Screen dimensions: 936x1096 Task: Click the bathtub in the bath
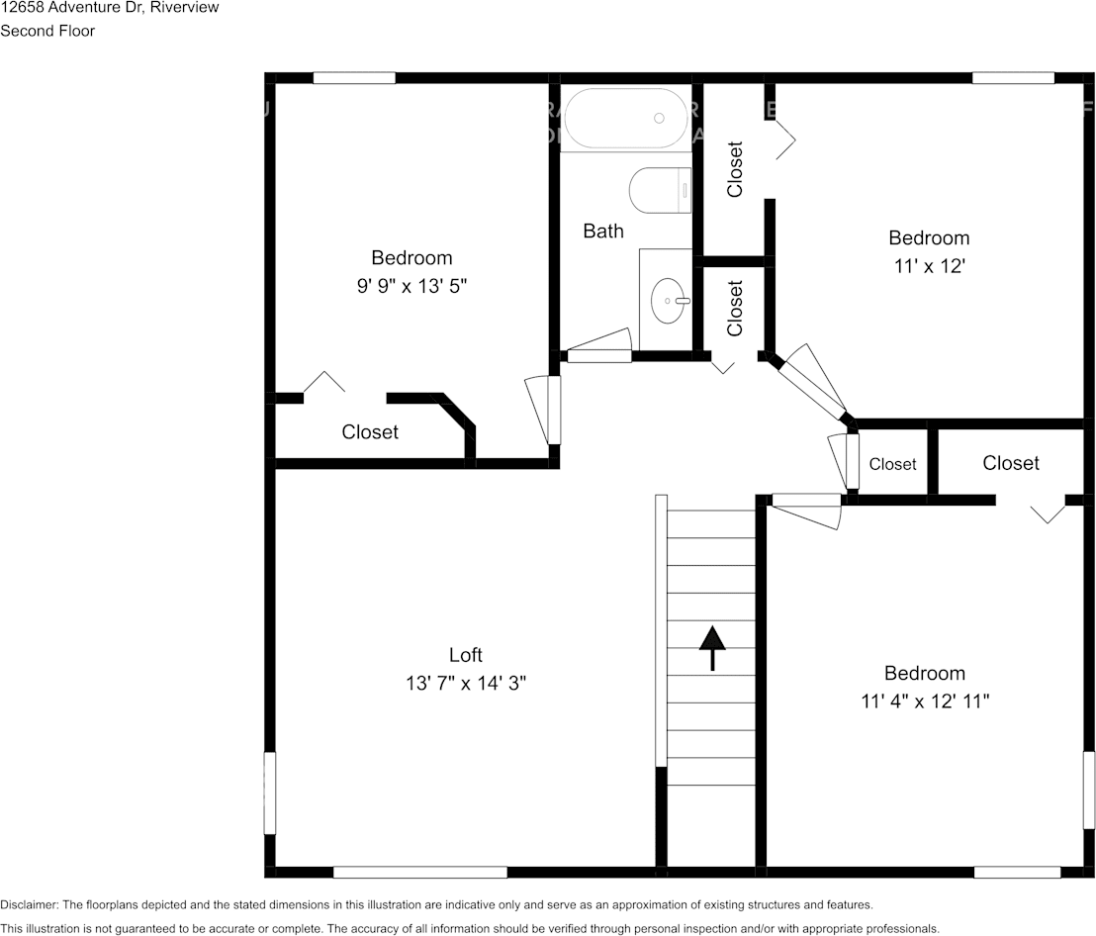[625, 119]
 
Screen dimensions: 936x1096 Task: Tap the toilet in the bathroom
[660, 189]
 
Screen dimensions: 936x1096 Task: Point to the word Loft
[466, 655]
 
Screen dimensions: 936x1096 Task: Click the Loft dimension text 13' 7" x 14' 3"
[466, 683]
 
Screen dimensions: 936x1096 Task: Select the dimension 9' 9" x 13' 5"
[411, 286]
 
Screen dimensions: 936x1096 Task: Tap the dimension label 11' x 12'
[928, 266]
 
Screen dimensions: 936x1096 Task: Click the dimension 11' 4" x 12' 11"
[924, 702]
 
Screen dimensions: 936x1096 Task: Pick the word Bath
[602, 232]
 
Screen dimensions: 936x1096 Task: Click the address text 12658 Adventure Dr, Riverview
[110, 8]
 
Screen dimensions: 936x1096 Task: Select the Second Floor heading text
[47, 31]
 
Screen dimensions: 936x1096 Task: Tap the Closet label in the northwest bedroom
[370, 432]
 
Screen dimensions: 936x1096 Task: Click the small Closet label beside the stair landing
[892, 464]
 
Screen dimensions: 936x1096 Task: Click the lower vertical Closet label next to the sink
[735, 309]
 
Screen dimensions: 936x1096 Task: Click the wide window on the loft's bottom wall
[420, 872]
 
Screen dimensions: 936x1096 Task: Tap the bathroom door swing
[598, 343]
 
